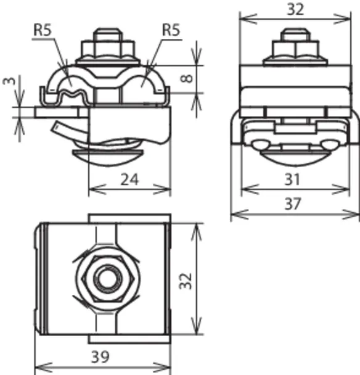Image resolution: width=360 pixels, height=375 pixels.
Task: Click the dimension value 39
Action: click(x=100, y=357)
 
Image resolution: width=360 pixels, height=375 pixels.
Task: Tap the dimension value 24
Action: click(x=129, y=179)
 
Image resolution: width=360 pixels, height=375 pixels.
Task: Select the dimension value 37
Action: click(x=293, y=204)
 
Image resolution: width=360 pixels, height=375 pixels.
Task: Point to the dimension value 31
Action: click(x=292, y=179)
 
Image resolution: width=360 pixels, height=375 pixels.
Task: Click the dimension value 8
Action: click(x=186, y=78)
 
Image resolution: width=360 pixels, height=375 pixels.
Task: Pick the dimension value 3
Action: click(x=9, y=80)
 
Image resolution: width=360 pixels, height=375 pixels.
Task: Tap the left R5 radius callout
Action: click(x=43, y=30)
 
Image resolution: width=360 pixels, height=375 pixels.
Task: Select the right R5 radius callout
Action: click(x=171, y=30)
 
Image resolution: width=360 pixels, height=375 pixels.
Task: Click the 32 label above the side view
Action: click(x=295, y=9)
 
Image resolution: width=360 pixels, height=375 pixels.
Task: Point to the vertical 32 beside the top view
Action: click(x=186, y=281)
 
